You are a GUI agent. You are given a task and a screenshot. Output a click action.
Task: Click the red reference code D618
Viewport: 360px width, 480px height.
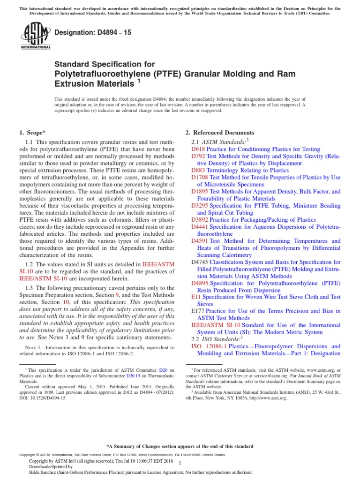pos(198,149)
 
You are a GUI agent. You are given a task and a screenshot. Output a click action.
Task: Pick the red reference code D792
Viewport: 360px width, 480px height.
pos(198,156)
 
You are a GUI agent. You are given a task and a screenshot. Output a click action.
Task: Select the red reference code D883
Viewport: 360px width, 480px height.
pos(198,171)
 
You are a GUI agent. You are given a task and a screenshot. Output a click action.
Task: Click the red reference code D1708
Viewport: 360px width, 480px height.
pos(200,178)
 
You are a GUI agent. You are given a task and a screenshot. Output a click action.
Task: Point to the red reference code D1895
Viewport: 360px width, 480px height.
pos(200,192)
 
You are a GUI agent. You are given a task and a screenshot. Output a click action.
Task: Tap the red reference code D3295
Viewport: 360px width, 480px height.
pos(200,206)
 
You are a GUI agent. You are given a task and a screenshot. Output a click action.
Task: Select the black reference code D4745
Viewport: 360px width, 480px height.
pos(200,262)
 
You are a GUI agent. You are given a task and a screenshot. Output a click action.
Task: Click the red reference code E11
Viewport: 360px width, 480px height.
pos(196,297)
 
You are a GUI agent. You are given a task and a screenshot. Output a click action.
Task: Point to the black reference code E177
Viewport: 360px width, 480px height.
pos(197,311)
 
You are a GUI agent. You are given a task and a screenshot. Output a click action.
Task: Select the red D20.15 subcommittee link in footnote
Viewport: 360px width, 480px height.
pos(149,375)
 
